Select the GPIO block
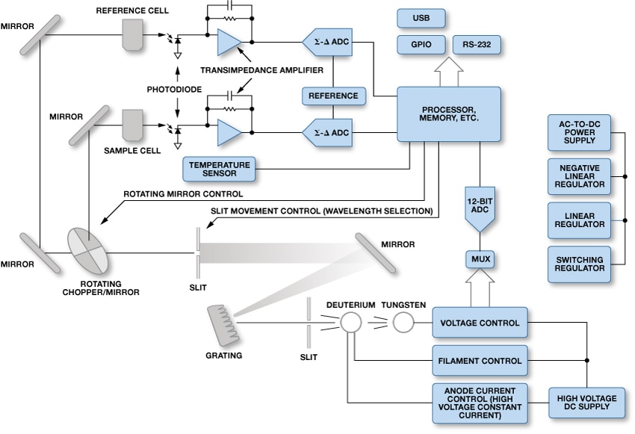421,45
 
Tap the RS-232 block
476,45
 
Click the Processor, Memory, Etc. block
448,114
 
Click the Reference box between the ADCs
333,96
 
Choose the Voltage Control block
480,323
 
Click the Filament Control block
480,361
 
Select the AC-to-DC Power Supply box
578,133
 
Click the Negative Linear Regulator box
578,176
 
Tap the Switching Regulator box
578,264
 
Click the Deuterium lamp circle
350,322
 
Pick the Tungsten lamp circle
403,322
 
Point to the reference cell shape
133,34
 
